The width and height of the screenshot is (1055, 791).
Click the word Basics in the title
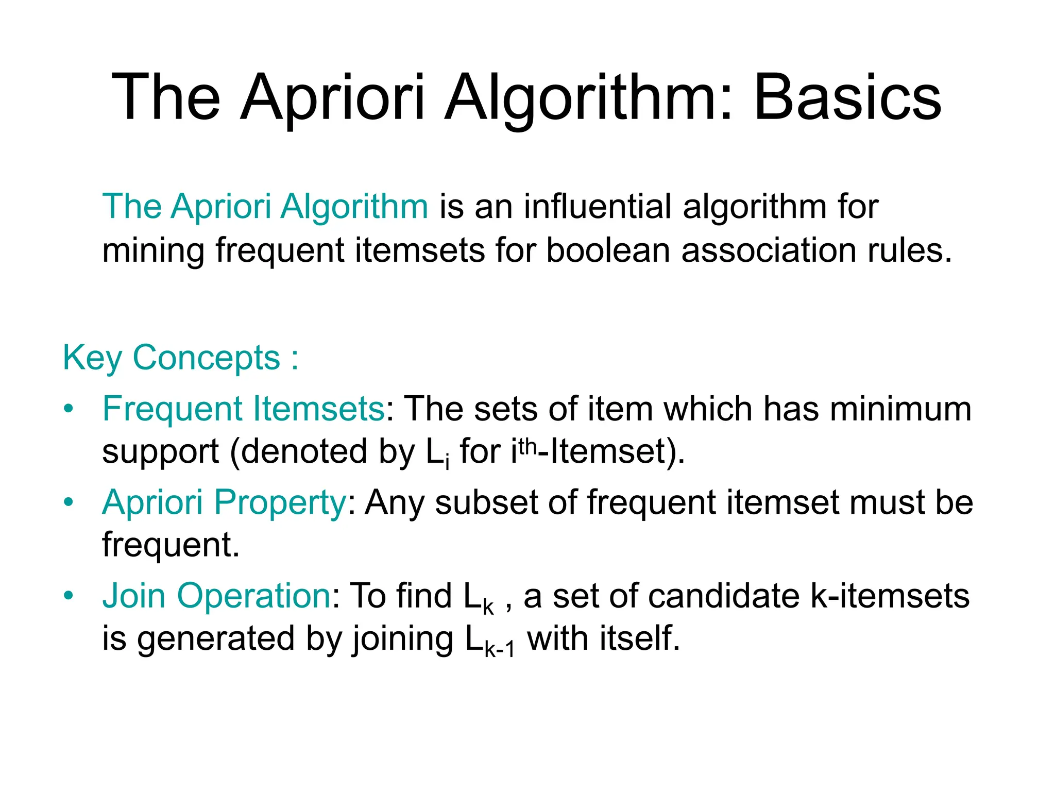point(847,98)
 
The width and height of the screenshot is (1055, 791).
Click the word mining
point(153,251)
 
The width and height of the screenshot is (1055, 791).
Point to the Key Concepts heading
point(180,358)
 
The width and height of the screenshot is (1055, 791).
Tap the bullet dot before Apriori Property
point(69,502)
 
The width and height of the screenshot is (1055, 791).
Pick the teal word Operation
point(253,596)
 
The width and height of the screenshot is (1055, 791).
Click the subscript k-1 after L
point(499,649)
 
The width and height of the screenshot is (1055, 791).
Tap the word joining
point(402,640)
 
